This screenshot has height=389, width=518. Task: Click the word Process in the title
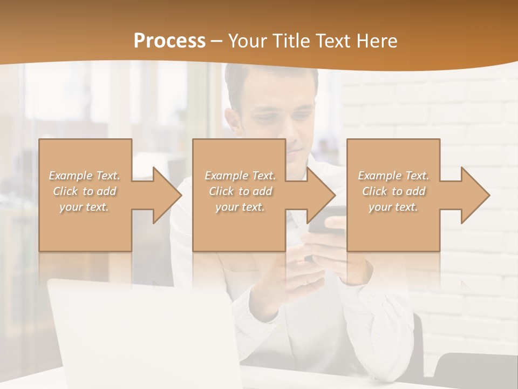point(169,41)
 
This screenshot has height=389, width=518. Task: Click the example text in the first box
point(84,191)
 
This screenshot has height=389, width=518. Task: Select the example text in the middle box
point(240,191)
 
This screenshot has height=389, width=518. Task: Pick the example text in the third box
point(393,191)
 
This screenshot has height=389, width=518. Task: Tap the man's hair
point(270,81)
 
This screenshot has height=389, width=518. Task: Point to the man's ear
point(233,122)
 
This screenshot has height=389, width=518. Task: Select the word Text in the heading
point(333,41)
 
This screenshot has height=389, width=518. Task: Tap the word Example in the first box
point(71,176)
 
